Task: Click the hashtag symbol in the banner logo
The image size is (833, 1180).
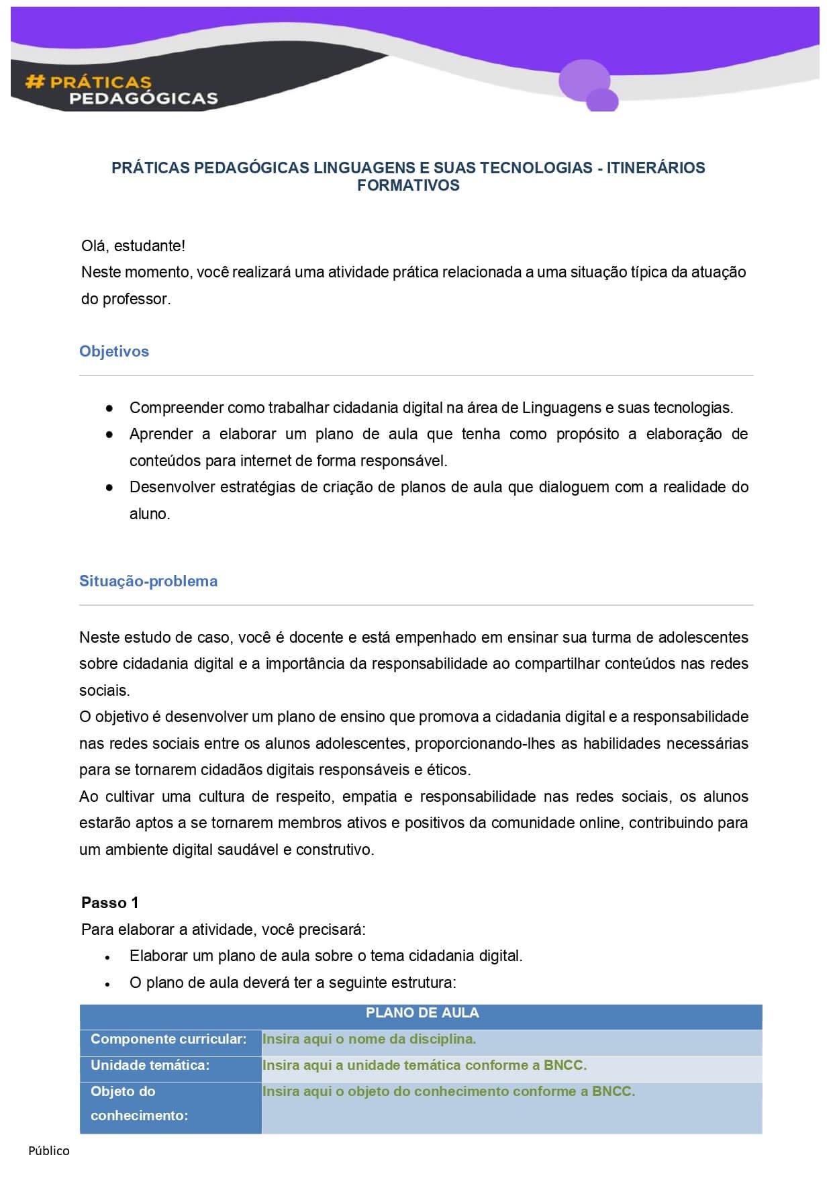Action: tap(34, 82)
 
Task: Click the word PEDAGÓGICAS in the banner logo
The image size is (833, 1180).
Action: tap(144, 99)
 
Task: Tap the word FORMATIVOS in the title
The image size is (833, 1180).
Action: tap(408, 185)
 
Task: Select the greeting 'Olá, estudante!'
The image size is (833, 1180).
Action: tap(133, 246)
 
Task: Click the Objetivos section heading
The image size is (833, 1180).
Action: tap(114, 351)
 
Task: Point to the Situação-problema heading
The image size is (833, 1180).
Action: tap(148, 581)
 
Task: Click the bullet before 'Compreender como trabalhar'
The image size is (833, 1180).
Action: tap(109, 408)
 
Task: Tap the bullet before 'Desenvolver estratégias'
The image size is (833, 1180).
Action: tap(109, 488)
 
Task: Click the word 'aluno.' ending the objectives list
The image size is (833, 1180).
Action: tap(150, 514)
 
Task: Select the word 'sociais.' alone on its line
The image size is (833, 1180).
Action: tap(105, 690)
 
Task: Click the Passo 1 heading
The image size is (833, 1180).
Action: tap(109, 903)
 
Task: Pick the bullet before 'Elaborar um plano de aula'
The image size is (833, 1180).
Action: tap(107, 957)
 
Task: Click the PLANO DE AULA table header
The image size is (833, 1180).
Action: tap(422, 1013)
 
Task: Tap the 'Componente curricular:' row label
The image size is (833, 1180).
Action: tap(168, 1039)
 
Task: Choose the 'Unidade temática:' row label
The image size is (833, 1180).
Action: tap(150, 1065)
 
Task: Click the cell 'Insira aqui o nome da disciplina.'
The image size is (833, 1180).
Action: tap(369, 1039)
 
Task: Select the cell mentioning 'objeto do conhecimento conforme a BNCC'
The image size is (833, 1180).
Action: tap(448, 1091)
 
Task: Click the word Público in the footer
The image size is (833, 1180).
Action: tap(49, 1150)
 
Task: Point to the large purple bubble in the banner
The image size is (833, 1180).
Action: tap(584, 79)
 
